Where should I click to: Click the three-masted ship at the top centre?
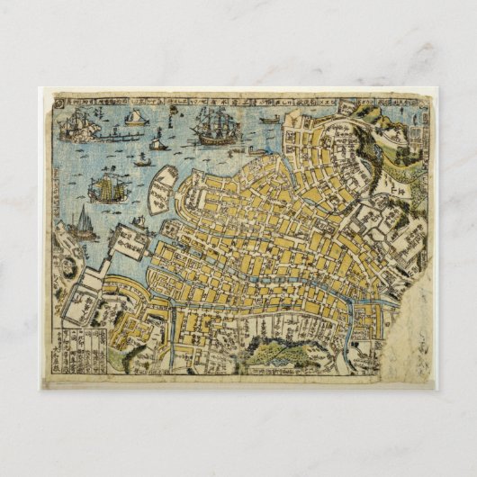(211, 126)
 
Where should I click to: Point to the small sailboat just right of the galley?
(157, 144)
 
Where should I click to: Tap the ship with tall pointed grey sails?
(82, 220)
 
